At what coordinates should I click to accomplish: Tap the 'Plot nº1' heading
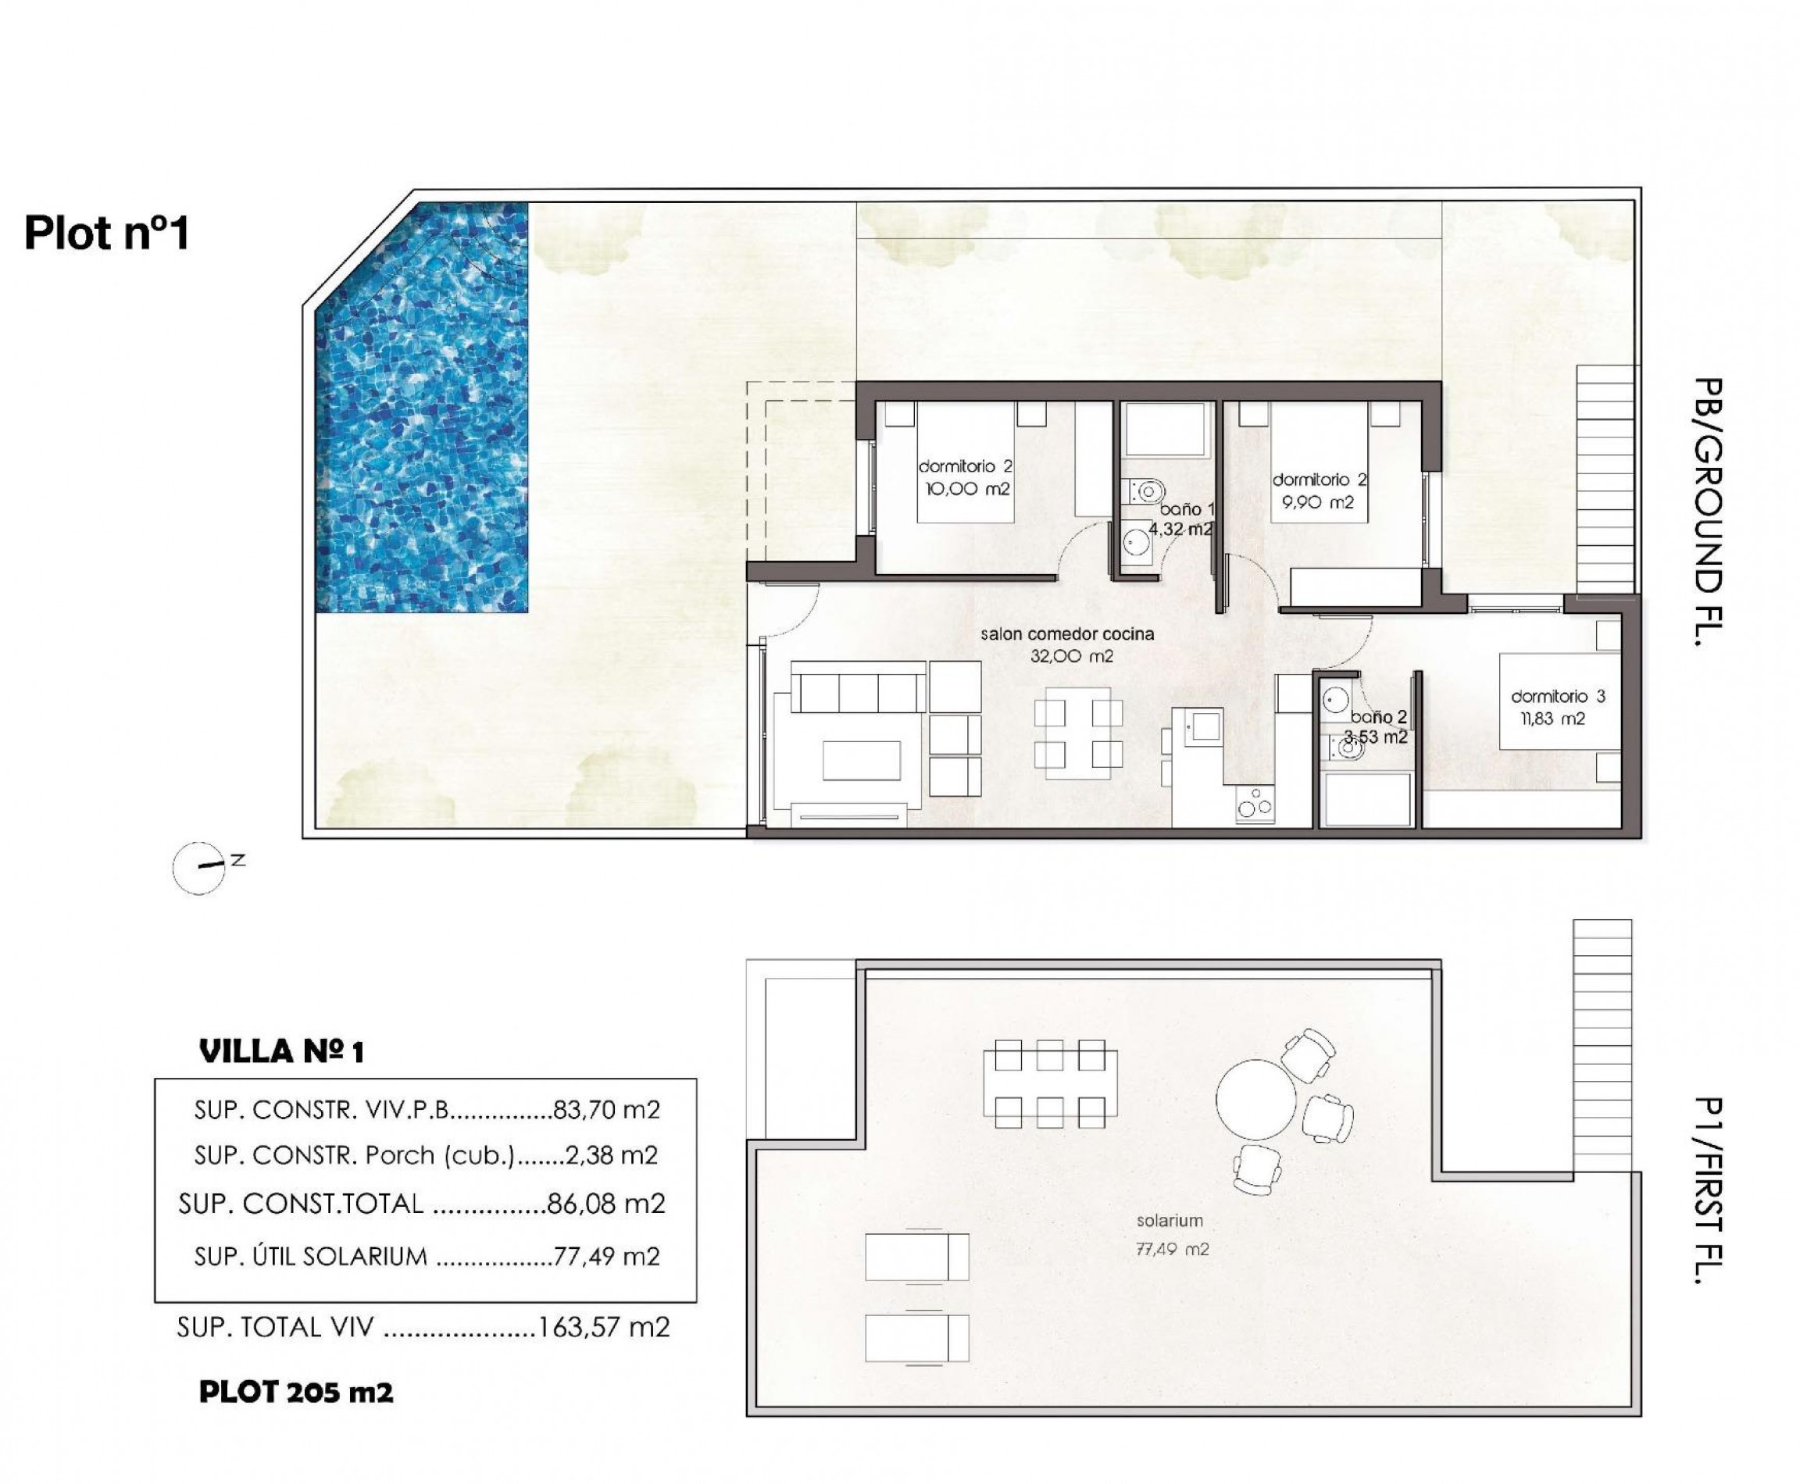[107, 233]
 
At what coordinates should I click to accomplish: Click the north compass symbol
[198, 869]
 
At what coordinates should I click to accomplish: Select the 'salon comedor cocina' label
[1066, 634]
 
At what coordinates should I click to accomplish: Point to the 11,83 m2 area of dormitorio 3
[1552, 719]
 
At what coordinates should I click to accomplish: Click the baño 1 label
[1186, 509]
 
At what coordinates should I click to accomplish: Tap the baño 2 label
[1378, 717]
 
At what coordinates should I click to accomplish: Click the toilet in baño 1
[1145, 491]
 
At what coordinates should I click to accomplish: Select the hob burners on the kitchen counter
[1255, 804]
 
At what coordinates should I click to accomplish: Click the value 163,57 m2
[604, 1327]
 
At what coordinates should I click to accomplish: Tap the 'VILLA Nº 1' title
[281, 1051]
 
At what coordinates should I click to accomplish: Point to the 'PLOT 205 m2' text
[296, 1393]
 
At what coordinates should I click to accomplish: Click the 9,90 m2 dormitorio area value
[1317, 503]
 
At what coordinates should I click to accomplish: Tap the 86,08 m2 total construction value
[605, 1204]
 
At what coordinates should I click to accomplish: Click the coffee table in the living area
[861, 760]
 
